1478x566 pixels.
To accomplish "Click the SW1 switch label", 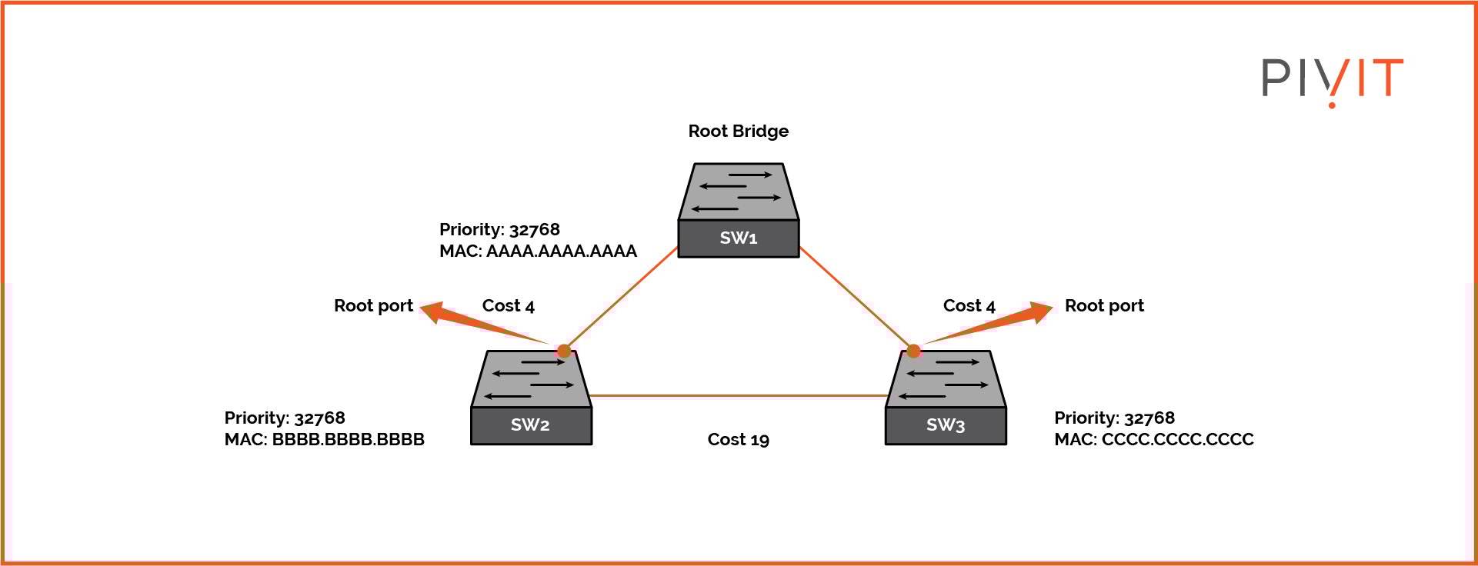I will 738,238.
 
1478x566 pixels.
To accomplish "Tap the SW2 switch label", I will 530,425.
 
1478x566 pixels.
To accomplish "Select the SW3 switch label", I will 946,425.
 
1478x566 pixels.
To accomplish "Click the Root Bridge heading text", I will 738,132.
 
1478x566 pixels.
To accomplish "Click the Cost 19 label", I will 738,440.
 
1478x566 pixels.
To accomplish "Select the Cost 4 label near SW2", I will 508,306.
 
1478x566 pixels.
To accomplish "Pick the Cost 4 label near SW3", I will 969,306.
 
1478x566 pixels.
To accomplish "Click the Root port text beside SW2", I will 373,306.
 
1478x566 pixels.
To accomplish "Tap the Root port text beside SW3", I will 1104,306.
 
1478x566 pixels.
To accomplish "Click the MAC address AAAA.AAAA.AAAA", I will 561,251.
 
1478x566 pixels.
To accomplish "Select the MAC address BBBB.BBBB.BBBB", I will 348,440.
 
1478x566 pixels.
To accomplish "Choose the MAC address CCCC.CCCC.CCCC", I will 1177,440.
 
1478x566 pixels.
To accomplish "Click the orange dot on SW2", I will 564,351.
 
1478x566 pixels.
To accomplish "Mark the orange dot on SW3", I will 913,351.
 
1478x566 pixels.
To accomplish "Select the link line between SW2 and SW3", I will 739,396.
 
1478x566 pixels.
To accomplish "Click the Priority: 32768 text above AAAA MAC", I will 499,230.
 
